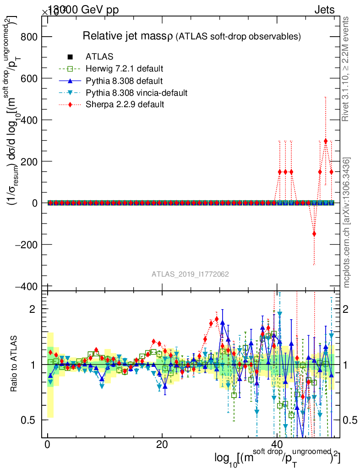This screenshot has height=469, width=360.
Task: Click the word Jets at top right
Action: point(324,10)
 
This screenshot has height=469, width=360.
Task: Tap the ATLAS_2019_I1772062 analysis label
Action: point(190,274)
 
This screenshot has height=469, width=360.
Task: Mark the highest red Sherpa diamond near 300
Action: point(326,141)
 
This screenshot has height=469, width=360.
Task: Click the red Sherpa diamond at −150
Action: point(314,234)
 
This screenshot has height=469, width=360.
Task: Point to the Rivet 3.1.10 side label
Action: point(346,69)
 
